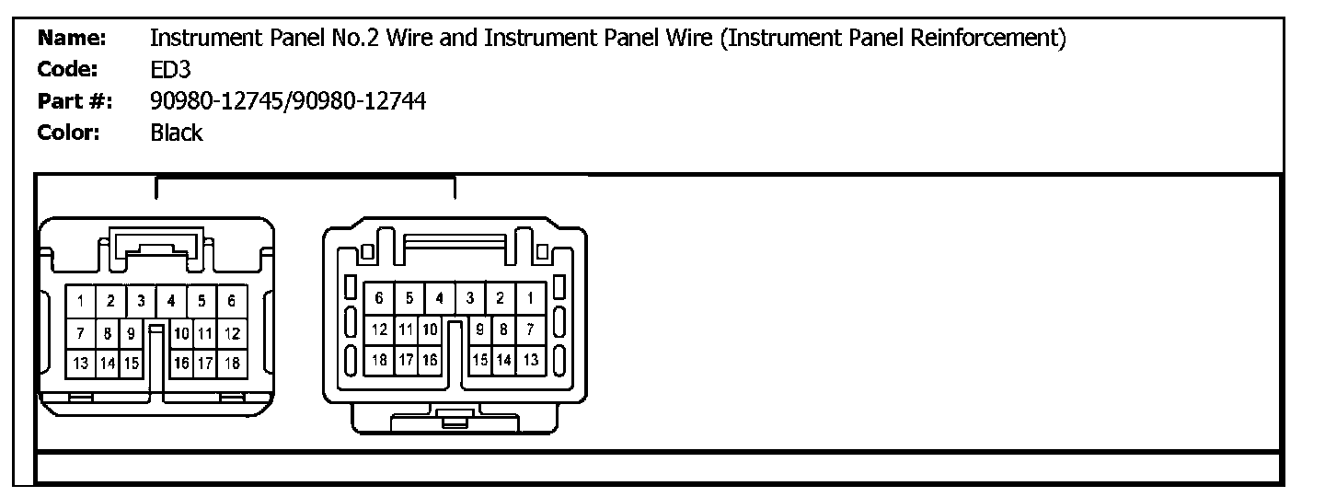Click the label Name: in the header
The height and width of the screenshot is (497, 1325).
[x=72, y=39]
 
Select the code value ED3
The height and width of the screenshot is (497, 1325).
[x=170, y=70]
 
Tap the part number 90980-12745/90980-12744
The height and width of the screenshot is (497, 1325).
[x=287, y=101]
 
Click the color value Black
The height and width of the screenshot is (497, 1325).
[x=176, y=133]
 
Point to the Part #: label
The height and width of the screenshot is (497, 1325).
[x=74, y=101]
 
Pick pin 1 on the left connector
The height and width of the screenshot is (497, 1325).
[x=81, y=300]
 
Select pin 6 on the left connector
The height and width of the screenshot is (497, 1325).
[x=232, y=300]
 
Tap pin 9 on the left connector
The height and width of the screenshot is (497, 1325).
[x=132, y=332]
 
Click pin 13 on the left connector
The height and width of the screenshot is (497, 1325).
[x=81, y=363]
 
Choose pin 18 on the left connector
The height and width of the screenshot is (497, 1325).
[x=232, y=363]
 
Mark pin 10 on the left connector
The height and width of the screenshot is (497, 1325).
[x=181, y=332]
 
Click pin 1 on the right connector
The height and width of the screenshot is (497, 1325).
[x=531, y=297]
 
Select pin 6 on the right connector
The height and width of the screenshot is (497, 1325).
[x=379, y=297]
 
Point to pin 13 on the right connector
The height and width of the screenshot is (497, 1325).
[x=531, y=360]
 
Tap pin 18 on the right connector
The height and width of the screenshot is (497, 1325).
[x=379, y=360]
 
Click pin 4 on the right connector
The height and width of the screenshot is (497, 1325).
[x=440, y=297]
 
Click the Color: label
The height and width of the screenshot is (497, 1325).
[x=68, y=133]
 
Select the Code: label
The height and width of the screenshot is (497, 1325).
[x=67, y=70]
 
